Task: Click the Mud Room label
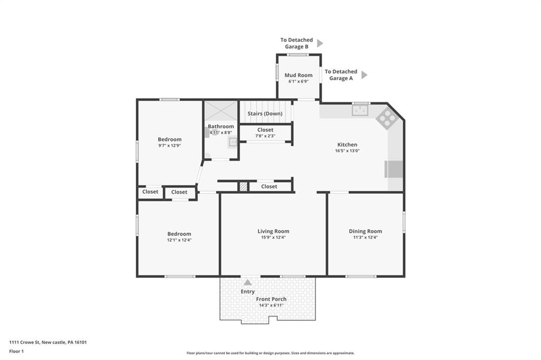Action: coord(299,75)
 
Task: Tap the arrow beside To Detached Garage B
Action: coord(320,43)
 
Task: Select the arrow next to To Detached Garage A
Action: coord(364,75)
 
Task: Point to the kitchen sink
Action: coord(361,110)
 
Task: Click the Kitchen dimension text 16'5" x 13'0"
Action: coord(347,150)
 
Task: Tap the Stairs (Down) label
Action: coord(265,113)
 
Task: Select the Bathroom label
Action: coord(220,126)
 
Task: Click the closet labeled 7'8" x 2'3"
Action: coord(265,132)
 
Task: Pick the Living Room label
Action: coord(273,231)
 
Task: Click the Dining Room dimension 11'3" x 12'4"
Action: coord(365,238)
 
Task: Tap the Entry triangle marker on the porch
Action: coord(247,282)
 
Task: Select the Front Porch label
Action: coord(272,299)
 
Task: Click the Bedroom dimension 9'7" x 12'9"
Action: coord(169,146)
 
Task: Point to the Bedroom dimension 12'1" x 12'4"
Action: coord(179,240)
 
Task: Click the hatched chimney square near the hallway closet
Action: coord(243,186)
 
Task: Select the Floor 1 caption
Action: coord(16,351)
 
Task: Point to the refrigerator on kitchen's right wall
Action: coord(394,169)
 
